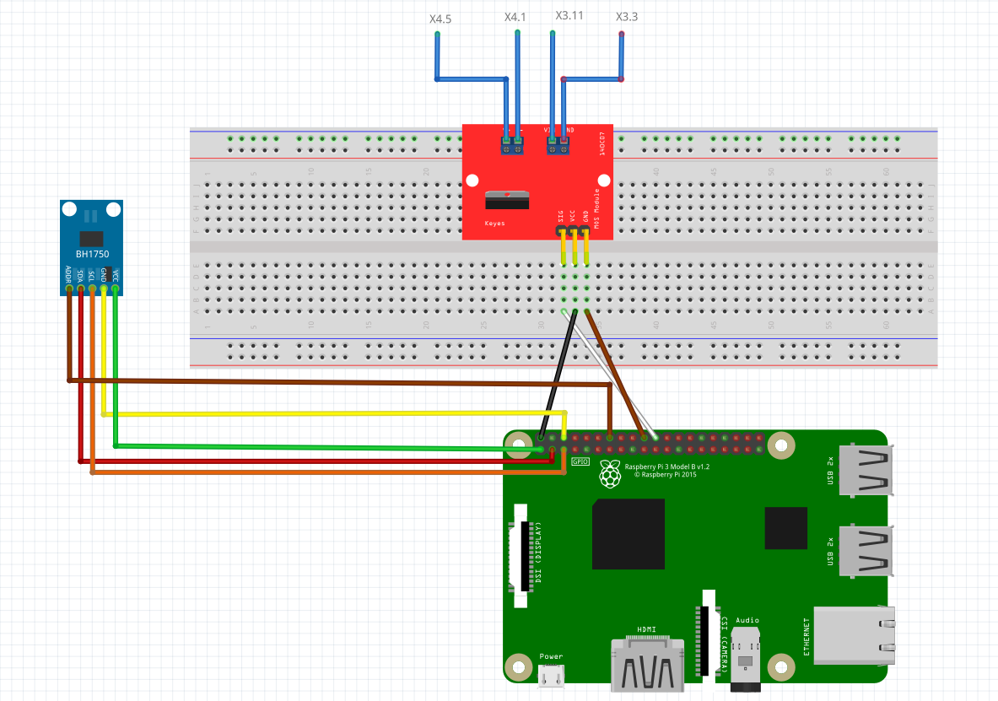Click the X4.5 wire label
tap(440, 18)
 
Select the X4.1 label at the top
tap(515, 17)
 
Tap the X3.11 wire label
tap(569, 16)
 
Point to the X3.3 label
tap(627, 17)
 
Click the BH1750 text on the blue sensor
tap(91, 254)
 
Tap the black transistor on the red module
tap(507, 200)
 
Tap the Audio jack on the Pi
tap(747, 654)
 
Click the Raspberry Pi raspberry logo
tap(609, 475)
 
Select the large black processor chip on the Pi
tap(628, 534)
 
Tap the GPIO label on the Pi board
tap(580, 462)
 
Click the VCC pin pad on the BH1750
tap(116, 288)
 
